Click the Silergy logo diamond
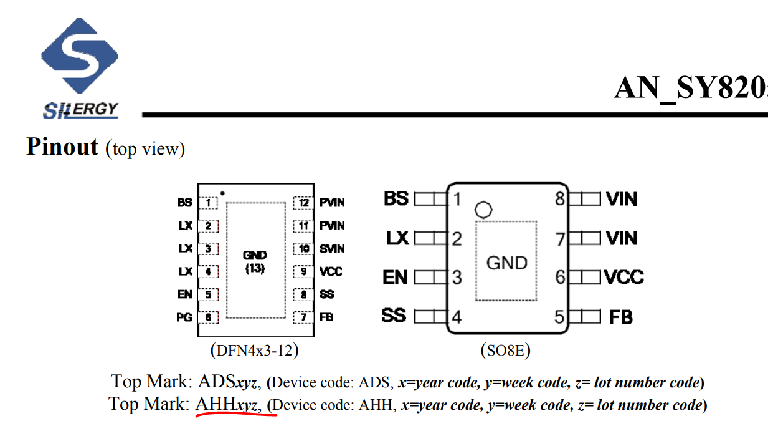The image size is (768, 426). (x=79, y=56)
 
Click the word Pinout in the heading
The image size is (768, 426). (x=62, y=147)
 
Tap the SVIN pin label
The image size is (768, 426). (x=331, y=249)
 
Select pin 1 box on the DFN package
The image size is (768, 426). (x=208, y=203)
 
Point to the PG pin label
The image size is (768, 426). (x=184, y=317)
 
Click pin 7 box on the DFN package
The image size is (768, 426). (x=303, y=317)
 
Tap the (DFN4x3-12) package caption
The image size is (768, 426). (x=254, y=351)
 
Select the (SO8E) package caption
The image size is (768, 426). (x=505, y=351)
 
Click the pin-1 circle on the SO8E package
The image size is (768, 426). (x=483, y=209)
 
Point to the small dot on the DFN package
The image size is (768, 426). (x=222, y=193)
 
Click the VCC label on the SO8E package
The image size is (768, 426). (x=623, y=277)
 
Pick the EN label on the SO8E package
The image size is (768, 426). (x=395, y=277)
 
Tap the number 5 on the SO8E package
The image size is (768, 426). (x=559, y=317)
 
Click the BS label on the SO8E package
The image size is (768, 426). (x=396, y=199)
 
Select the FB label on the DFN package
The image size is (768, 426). (x=326, y=317)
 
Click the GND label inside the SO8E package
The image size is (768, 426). (x=506, y=263)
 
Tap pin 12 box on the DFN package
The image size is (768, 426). (x=303, y=203)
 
